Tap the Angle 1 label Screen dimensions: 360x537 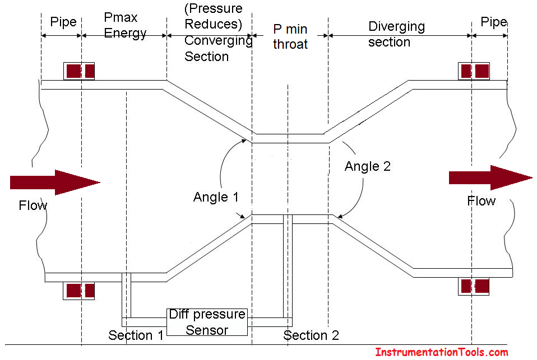[216, 197]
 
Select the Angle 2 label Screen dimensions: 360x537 [367, 166]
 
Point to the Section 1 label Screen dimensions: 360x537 [136, 335]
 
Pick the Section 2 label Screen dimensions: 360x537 [311, 335]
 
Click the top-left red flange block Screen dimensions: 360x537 [79, 71]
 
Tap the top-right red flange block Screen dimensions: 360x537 [474, 71]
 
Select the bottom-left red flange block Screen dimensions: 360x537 [79, 291]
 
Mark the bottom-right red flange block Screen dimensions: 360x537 [474, 286]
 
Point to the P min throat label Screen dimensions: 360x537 [290, 36]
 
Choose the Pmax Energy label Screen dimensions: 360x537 [124, 25]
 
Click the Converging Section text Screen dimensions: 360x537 [217, 48]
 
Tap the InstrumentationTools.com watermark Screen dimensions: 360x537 [442, 352]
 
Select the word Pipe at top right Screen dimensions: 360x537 [493, 22]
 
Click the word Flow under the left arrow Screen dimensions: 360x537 [33, 205]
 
